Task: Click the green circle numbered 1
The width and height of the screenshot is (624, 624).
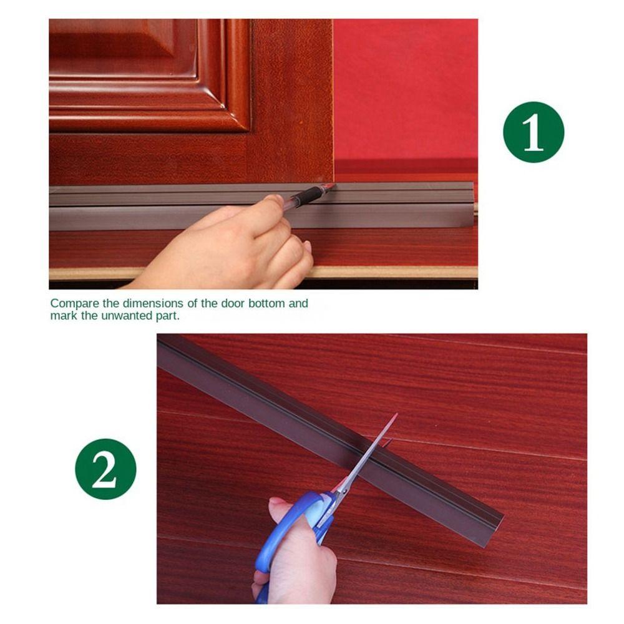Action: (534, 132)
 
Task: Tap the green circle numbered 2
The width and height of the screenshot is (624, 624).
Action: (105, 469)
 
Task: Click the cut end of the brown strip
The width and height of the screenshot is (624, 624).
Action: (494, 531)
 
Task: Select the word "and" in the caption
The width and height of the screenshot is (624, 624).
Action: (298, 303)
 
